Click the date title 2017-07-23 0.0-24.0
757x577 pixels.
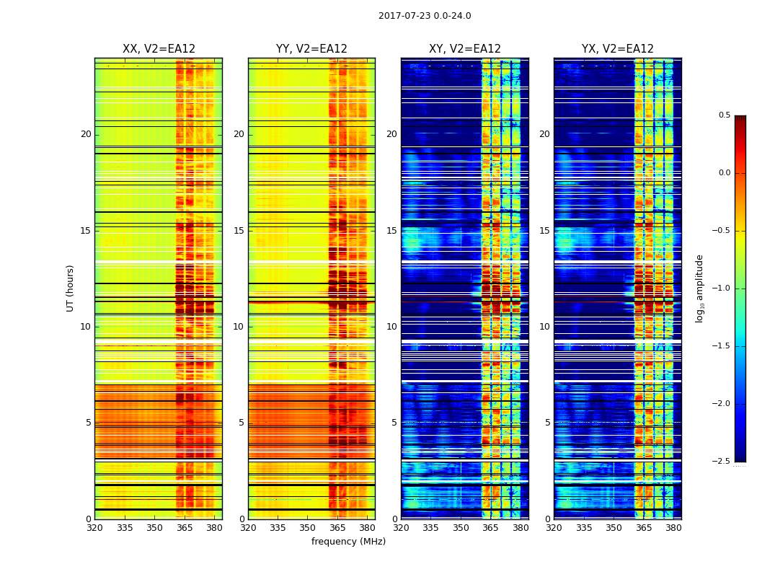click(425, 16)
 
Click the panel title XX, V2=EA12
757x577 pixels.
click(159, 49)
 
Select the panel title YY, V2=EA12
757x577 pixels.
click(311, 49)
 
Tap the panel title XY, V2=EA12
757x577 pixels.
click(465, 49)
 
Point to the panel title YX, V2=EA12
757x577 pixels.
click(618, 49)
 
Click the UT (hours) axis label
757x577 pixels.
click(71, 288)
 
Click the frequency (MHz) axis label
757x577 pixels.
click(348, 542)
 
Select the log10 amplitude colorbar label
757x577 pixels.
click(699, 288)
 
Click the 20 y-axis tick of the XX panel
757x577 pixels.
click(86, 134)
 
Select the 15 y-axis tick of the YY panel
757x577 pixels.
click(239, 231)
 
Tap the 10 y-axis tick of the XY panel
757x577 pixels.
click(392, 327)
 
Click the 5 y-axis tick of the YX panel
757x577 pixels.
click(548, 423)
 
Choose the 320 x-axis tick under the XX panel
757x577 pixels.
click(94, 527)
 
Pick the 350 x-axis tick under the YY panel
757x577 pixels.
click(308, 527)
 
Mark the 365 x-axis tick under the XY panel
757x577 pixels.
click(491, 527)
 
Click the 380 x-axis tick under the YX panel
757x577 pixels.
click(673, 527)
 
